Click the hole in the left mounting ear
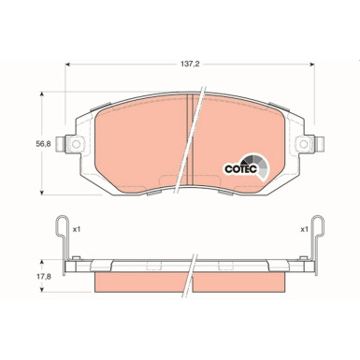pyautogui.click(x=73, y=144)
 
